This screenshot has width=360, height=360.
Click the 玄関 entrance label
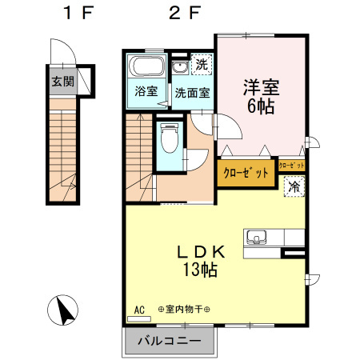click(x=62, y=81)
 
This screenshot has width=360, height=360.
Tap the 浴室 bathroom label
click(x=145, y=92)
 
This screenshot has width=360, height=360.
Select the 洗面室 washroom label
click(x=193, y=92)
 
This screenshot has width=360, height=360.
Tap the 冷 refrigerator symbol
click(x=294, y=187)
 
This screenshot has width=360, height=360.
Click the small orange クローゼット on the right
click(x=292, y=165)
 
